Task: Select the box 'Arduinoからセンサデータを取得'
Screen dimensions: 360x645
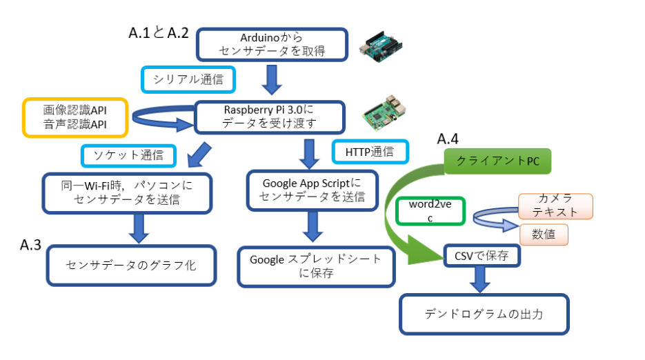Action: [x=271, y=45]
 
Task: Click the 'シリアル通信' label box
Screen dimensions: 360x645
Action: [x=188, y=79]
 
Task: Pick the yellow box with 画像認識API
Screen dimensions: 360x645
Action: [x=75, y=117]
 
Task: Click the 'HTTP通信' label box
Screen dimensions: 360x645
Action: [x=370, y=152]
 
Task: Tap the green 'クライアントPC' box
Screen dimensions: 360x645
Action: [x=492, y=162]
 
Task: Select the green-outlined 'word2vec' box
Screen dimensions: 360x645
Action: [x=430, y=211]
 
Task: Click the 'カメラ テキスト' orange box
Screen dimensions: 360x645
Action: [x=555, y=206]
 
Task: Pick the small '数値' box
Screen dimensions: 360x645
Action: [x=544, y=234]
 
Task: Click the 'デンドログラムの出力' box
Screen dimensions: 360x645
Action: [x=484, y=314]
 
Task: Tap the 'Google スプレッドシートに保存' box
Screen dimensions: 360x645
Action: [x=315, y=266]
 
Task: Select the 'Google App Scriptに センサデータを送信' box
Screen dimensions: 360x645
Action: [x=311, y=190]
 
